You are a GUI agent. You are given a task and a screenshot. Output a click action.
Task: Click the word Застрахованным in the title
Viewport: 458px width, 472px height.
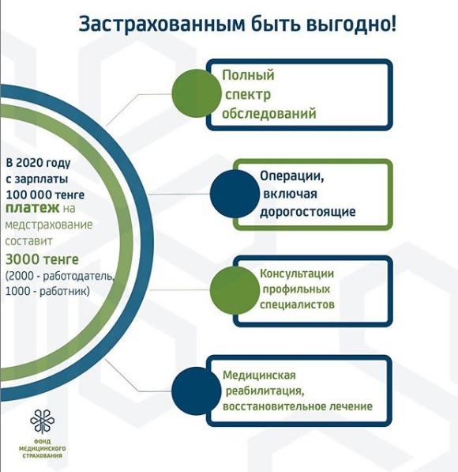(162, 25)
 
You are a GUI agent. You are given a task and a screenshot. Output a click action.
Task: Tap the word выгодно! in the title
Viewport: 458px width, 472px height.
(351, 25)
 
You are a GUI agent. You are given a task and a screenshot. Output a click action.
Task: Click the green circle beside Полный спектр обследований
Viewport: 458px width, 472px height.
(197, 93)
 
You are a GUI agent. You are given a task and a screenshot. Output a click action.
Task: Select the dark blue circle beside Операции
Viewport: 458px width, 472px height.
(235, 194)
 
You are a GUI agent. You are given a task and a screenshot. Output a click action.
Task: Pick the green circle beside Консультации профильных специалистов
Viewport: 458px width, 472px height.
(235, 290)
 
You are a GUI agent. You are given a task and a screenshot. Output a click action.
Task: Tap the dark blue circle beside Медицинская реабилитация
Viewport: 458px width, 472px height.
(197, 391)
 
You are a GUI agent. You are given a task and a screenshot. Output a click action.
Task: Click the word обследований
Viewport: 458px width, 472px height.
(269, 114)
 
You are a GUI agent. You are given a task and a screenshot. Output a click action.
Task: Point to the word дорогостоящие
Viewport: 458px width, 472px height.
(308, 212)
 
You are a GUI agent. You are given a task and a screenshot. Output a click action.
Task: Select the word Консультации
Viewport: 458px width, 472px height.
(297, 274)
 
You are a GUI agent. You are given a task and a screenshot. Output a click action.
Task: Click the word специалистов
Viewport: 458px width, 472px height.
(297, 304)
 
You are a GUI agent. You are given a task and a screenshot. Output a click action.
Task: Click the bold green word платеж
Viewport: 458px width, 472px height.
(32, 208)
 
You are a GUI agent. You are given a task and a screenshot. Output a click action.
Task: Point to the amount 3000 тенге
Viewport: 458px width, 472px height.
(42, 259)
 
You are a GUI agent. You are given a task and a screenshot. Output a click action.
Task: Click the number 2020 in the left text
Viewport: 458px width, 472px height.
(29, 163)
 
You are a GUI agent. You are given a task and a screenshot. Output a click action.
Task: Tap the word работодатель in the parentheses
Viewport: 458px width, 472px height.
(77, 276)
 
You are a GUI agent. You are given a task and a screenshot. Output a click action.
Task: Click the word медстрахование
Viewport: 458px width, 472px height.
(49, 225)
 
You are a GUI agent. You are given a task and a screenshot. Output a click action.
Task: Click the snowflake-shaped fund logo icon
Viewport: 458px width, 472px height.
(43, 421)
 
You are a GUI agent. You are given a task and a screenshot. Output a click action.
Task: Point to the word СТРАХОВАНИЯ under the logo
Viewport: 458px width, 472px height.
(43, 455)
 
